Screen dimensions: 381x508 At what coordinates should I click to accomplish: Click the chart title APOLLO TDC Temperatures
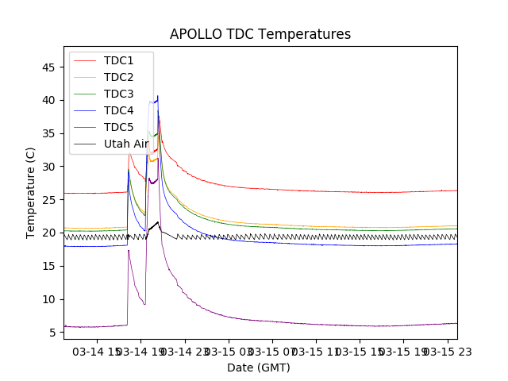coord(260,34)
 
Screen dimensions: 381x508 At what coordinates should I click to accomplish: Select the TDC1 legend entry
coord(118,60)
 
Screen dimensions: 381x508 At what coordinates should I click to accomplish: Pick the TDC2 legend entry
coord(118,77)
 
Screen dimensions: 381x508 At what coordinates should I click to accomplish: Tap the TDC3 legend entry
coord(118,94)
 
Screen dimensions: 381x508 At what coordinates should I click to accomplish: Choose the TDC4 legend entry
coord(118,110)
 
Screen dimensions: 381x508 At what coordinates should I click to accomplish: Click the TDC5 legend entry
coord(118,127)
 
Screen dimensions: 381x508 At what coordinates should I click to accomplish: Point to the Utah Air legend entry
coord(126,144)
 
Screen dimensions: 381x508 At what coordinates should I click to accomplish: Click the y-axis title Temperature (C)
coord(31,193)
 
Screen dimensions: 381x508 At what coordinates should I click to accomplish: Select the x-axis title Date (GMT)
coord(259,368)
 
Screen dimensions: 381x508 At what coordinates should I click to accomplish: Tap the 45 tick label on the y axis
coord(48,67)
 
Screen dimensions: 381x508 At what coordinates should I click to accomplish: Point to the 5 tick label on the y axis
coord(52,333)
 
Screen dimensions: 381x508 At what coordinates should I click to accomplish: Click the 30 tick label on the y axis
coord(48,167)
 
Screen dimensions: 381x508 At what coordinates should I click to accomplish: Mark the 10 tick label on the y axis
coord(48,299)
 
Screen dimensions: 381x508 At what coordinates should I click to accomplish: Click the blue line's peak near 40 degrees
coord(158,96)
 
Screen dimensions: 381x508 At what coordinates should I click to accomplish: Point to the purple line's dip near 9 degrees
coord(144,304)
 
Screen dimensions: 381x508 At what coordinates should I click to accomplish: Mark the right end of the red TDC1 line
coord(456,190)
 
